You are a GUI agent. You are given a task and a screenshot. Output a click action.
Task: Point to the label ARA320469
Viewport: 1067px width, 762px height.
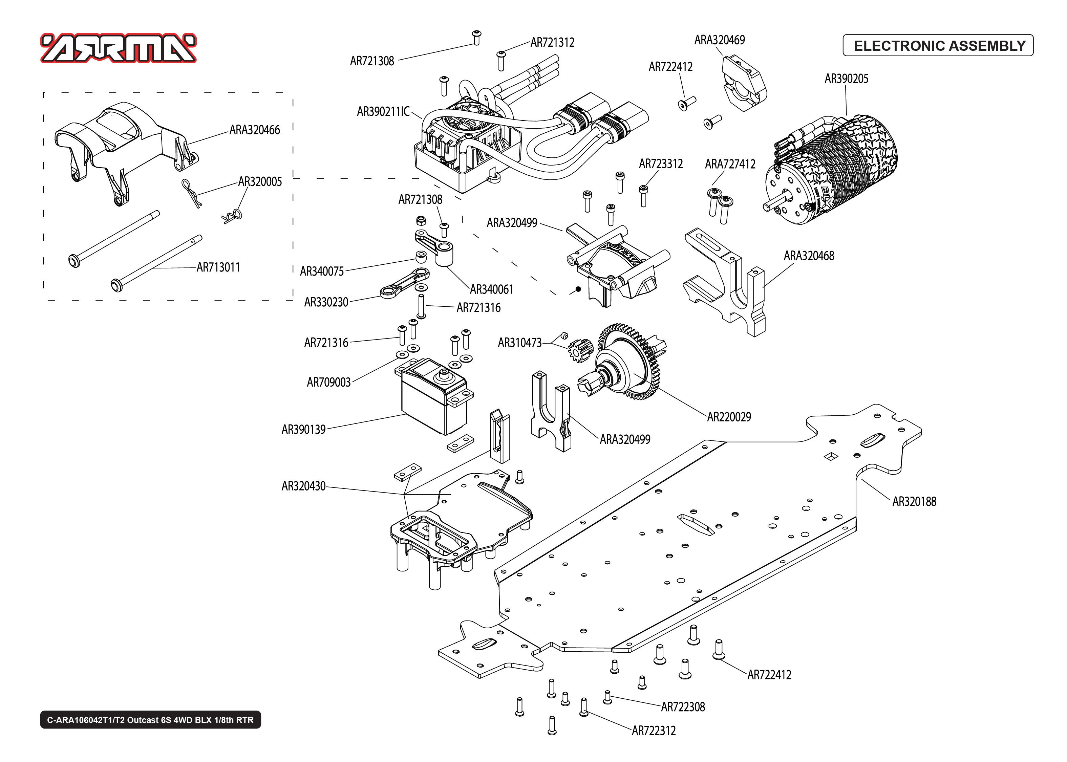pyautogui.click(x=719, y=40)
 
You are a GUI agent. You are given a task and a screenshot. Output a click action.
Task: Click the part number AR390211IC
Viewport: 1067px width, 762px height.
pyautogui.click(x=383, y=112)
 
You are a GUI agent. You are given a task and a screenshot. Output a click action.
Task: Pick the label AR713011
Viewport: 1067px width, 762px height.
pyautogui.click(x=218, y=267)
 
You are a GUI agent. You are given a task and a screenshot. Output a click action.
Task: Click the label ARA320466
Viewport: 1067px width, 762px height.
pyautogui.click(x=254, y=130)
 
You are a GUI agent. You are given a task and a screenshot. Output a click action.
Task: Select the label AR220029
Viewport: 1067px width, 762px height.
pyautogui.click(x=729, y=417)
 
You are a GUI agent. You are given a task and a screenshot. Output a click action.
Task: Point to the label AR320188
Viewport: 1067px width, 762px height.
pyautogui.click(x=914, y=502)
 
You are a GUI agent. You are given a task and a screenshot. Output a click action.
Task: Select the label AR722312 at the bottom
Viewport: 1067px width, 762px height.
pyautogui.click(x=653, y=731)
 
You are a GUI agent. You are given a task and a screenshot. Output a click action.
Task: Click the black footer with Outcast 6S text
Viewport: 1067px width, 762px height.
pyautogui.click(x=150, y=720)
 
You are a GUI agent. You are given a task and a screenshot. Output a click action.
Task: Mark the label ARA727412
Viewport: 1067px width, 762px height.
pyautogui.click(x=730, y=164)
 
